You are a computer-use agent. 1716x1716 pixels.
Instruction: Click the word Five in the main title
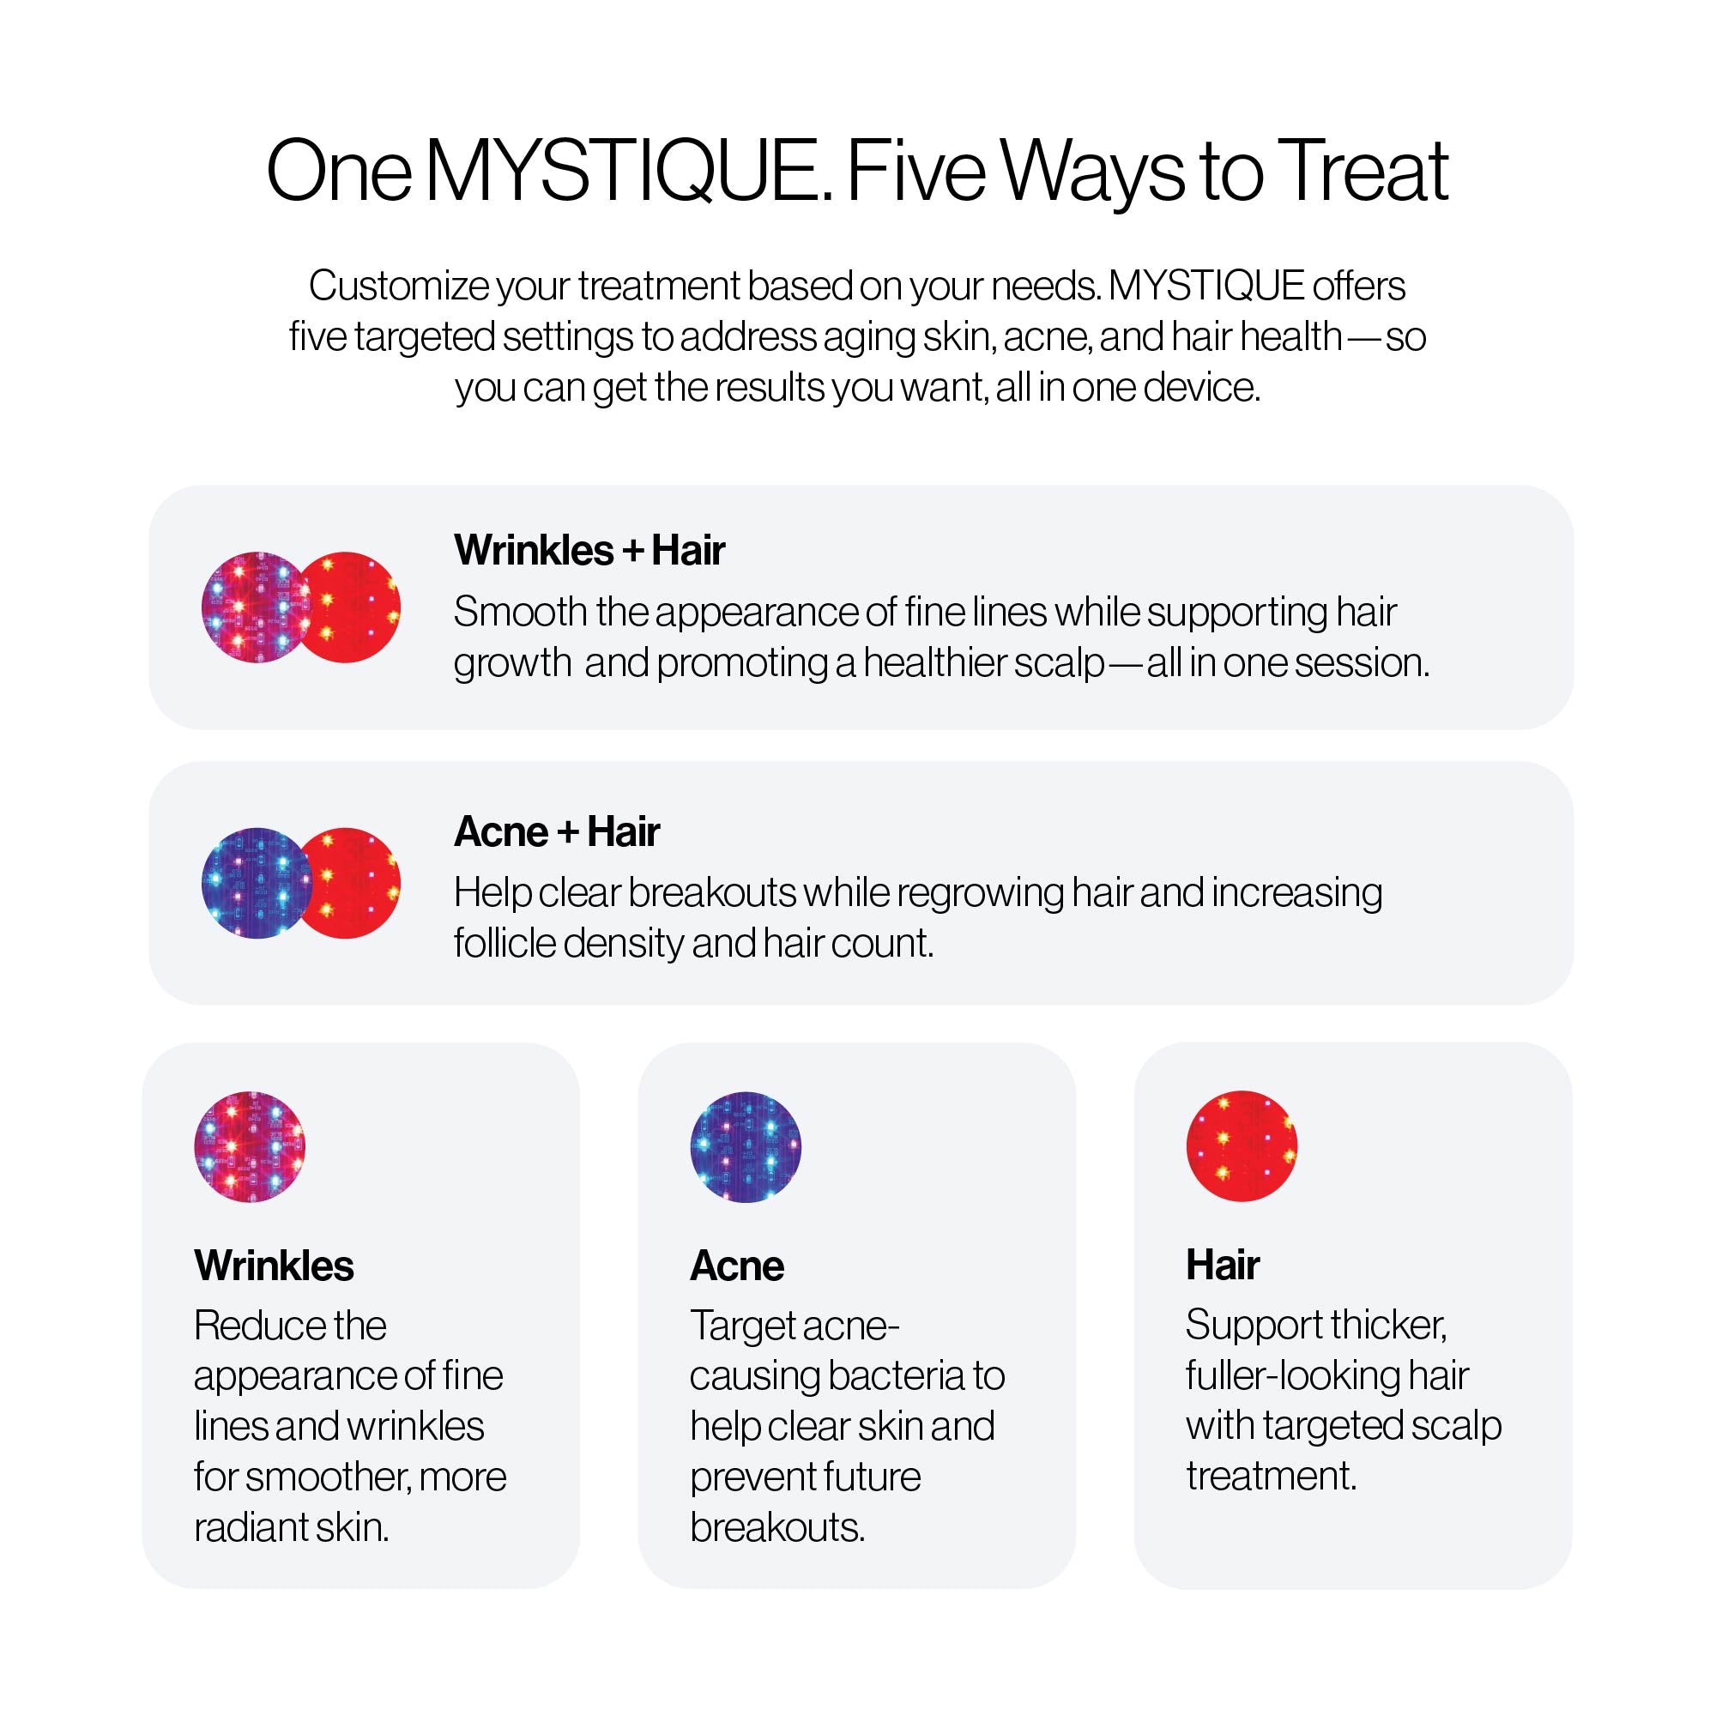(916, 171)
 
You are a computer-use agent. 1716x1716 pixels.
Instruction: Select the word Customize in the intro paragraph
(399, 286)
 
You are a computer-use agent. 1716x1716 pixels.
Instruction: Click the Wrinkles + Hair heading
(589, 550)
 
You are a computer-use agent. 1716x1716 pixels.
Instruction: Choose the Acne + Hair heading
(557, 832)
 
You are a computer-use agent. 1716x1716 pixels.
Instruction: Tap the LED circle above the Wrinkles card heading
(250, 1146)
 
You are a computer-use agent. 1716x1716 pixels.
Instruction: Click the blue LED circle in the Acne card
(746, 1146)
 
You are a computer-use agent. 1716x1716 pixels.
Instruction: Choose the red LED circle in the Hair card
(1242, 1145)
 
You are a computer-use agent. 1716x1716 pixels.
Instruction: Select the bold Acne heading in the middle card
(737, 1266)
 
